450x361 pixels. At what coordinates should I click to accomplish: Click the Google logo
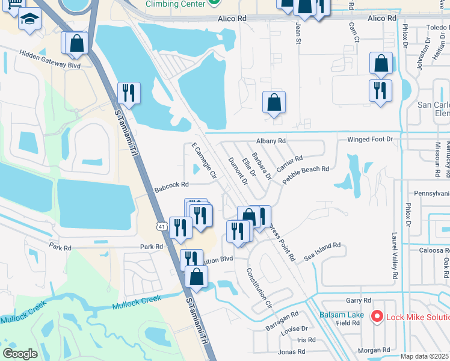(x=20, y=354)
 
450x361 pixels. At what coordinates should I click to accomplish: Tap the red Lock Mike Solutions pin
(x=377, y=315)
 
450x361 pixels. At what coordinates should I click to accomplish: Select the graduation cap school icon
(x=29, y=19)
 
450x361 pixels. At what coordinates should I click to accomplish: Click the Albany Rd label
(x=270, y=141)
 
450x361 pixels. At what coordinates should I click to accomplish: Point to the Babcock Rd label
(x=171, y=185)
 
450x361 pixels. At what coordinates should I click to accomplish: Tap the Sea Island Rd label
(x=322, y=250)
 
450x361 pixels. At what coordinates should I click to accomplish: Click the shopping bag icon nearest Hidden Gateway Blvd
(x=76, y=43)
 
